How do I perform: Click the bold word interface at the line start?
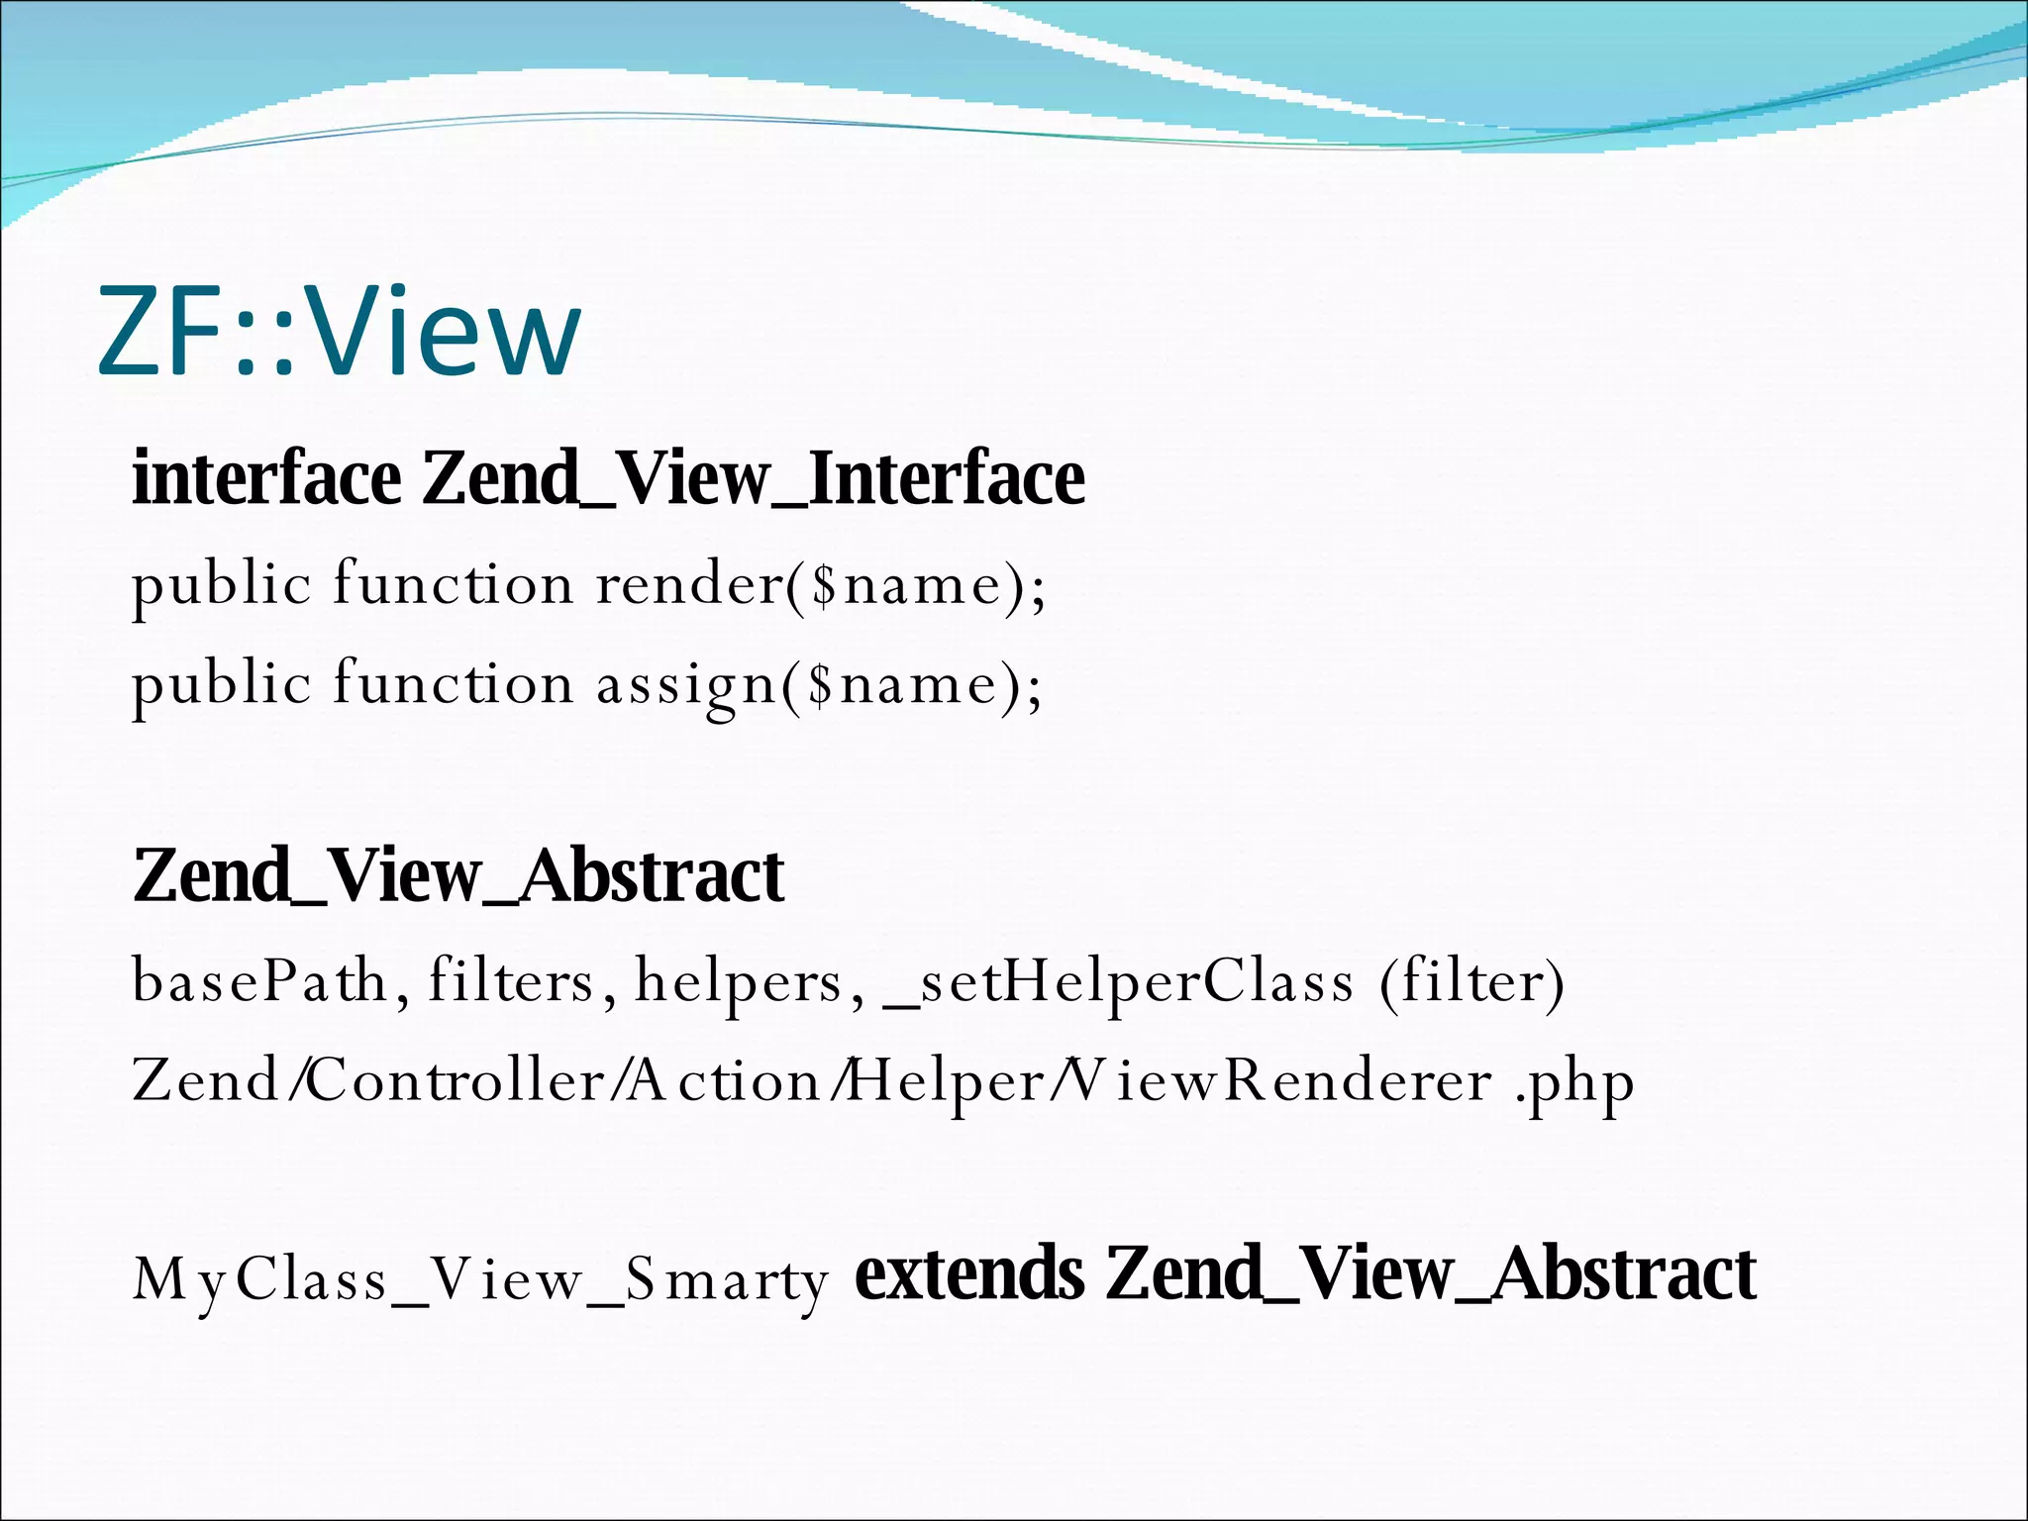coord(266,478)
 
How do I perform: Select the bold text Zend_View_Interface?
coord(754,478)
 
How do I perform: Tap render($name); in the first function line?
coord(821,584)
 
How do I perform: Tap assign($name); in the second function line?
coord(819,684)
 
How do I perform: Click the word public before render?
coord(222,584)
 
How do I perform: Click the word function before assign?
coord(453,684)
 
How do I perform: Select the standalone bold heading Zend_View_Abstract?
coord(458,876)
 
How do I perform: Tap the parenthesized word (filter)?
coord(1471,981)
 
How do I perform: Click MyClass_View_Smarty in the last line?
coord(480,1280)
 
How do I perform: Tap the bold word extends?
coord(969,1274)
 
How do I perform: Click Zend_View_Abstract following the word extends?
coord(1431,1274)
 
